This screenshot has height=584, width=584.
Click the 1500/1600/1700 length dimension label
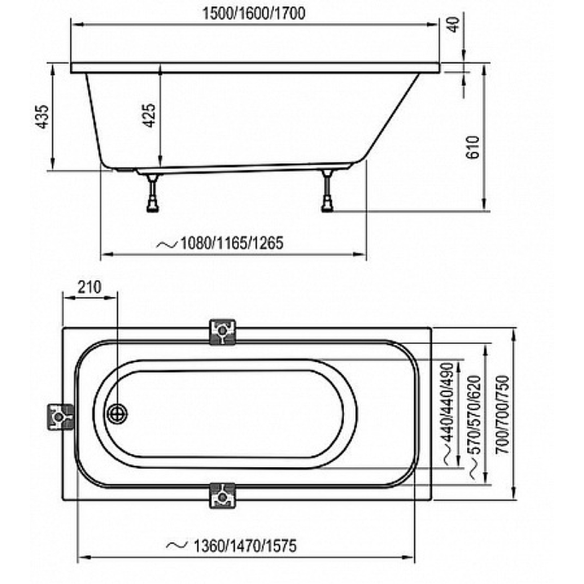coord(254,14)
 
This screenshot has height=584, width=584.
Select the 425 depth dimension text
coord(149,115)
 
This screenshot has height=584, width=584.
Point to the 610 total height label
coord(473,147)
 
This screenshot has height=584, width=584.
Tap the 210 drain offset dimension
coord(90,287)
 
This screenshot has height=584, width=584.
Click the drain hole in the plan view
coord(117,414)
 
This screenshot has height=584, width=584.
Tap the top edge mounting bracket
coord(222,331)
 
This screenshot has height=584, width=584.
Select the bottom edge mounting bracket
coord(222,496)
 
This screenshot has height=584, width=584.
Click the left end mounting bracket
coord(60,417)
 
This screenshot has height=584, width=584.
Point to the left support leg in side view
coord(153,193)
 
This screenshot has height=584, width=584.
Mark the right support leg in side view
coord(327,190)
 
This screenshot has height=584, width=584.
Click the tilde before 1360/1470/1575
coord(177,546)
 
